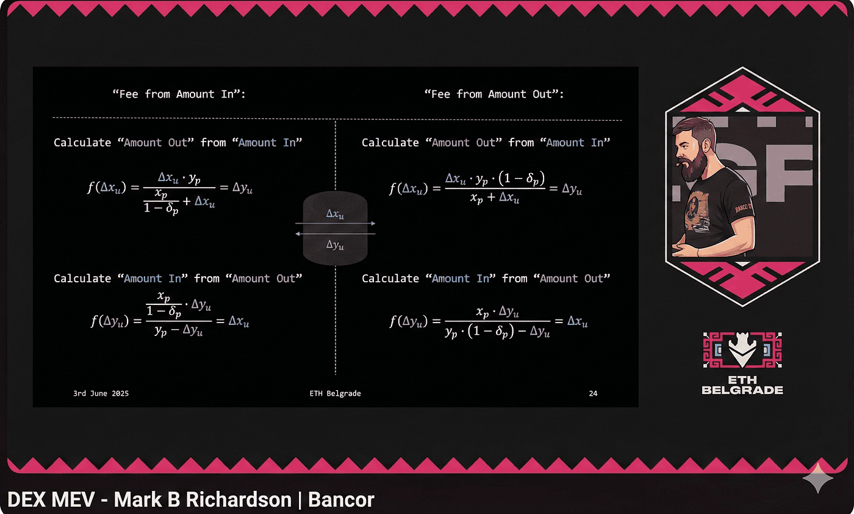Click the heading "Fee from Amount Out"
[x=494, y=95]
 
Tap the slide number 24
[x=593, y=394]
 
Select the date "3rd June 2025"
[x=101, y=394]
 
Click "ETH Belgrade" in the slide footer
[x=335, y=394]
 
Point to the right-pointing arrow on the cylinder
[x=371, y=224]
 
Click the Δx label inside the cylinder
[x=335, y=215]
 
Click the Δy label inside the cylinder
[x=335, y=245]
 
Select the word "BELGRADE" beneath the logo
[x=742, y=390]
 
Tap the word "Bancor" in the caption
[x=341, y=501]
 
